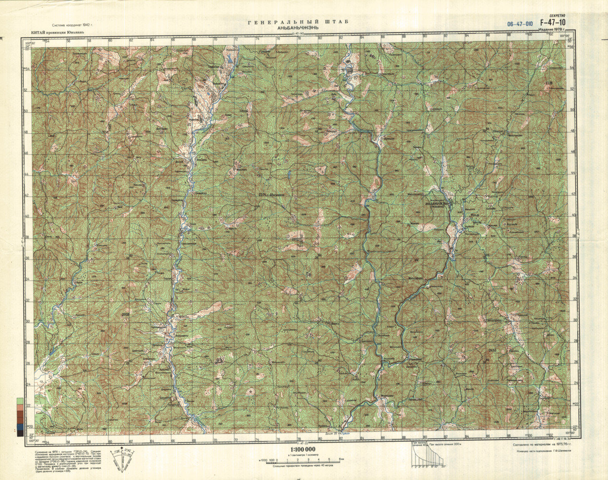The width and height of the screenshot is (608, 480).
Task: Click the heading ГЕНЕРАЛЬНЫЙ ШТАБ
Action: click(x=298, y=22)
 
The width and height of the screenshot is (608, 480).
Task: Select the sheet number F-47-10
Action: click(x=553, y=22)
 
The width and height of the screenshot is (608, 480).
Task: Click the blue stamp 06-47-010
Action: click(x=520, y=24)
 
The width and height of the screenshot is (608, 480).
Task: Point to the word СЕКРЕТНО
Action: click(x=556, y=16)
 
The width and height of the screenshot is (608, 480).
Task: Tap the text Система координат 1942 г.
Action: click(x=77, y=25)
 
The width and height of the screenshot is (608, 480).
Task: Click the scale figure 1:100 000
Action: click(x=303, y=450)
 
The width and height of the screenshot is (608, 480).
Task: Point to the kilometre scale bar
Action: click(x=302, y=459)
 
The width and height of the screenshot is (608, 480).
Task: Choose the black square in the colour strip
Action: click(x=20, y=433)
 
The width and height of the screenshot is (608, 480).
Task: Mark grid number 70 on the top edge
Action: click(x=214, y=39)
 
